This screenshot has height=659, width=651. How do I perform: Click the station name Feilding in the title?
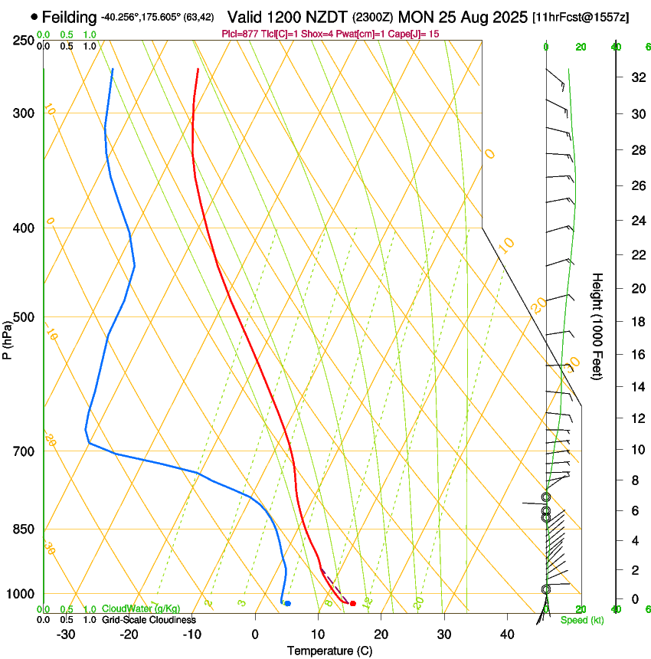point(70,17)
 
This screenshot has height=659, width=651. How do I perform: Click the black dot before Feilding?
point(34,16)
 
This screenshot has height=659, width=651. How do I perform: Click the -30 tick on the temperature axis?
point(66,634)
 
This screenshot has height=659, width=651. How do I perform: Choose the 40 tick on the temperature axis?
point(506,634)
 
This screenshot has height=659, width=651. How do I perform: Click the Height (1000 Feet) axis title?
point(598,326)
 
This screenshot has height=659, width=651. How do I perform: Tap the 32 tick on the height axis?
point(636,77)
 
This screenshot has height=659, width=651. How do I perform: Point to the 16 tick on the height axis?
point(636,355)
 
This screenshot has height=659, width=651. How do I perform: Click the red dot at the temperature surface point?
point(352,604)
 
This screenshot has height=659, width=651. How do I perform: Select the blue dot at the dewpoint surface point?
point(287,604)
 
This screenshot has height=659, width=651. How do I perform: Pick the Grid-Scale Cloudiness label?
point(149,620)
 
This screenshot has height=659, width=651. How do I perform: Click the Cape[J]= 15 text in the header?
point(417,34)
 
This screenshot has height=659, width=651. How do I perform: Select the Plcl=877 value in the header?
point(238,34)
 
